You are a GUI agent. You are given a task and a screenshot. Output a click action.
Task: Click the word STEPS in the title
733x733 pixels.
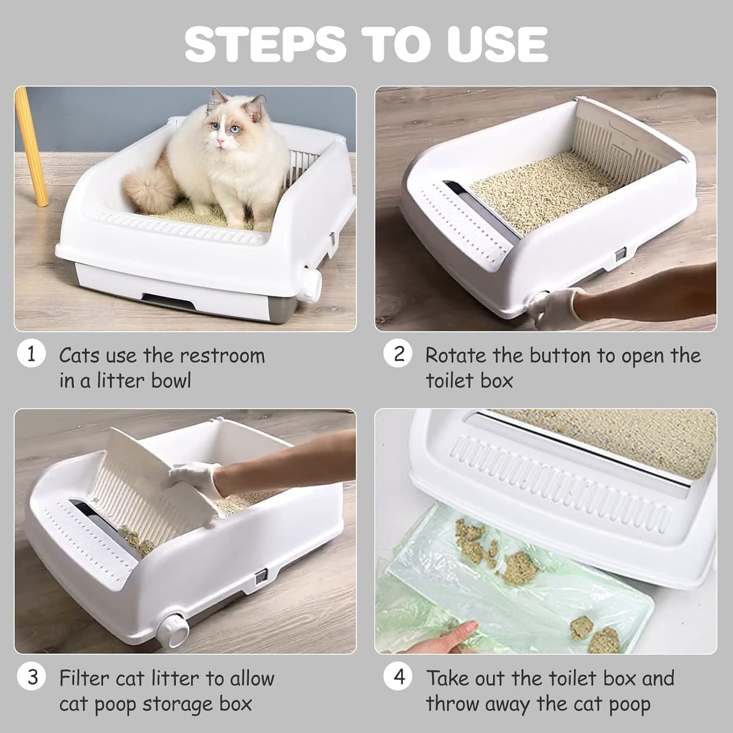[265, 45]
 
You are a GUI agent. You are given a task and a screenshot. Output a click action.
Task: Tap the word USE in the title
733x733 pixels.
[497, 45]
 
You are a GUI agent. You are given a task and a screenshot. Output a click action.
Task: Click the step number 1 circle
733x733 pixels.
[31, 354]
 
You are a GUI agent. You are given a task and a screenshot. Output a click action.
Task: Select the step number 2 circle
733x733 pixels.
[398, 354]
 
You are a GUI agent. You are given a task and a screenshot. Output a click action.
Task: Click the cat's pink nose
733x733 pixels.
[220, 142]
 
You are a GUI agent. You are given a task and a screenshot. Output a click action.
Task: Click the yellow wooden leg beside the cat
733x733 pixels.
[32, 147]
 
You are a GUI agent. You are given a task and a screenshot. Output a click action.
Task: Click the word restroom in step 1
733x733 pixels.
[223, 356]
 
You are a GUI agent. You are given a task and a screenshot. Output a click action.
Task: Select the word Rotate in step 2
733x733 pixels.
[456, 356]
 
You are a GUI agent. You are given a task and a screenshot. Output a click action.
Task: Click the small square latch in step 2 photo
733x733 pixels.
[620, 253]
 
